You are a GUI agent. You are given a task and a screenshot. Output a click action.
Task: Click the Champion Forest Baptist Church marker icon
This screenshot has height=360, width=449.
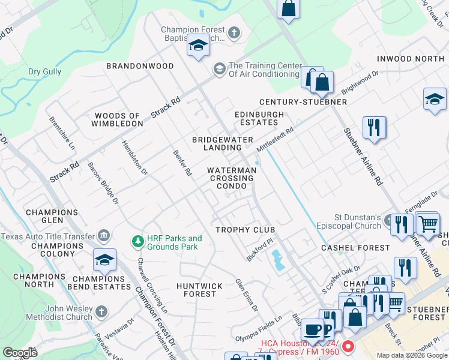pyautogui.click(x=234, y=32)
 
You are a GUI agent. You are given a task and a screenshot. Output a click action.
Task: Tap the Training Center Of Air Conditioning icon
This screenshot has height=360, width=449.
pyautogui.click(x=219, y=70)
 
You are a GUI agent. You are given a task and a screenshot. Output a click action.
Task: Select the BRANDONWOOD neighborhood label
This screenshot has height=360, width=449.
pyautogui.click(x=140, y=66)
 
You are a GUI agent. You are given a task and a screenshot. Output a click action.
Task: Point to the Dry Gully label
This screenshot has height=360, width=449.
pyautogui.click(x=44, y=72)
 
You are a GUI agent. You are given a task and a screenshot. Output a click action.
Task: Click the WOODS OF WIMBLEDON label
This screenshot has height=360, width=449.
pyautogui.click(x=117, y=119)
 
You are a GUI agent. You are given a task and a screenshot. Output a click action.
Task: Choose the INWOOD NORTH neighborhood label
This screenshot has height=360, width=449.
pyautogui.click(x=411, y=59)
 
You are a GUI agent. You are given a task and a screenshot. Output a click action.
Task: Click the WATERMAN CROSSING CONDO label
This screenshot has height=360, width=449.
pyautogui.click(x=232, y=178)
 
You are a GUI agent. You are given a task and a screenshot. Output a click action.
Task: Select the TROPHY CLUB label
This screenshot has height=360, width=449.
pyautogui.click(x=245, y=230)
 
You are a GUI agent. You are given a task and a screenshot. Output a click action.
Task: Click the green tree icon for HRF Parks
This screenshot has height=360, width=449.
pyautogui.click(x=137, y=242)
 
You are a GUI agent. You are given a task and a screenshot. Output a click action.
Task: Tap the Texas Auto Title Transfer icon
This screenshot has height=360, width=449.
pyautogui.click(x=104, y=236)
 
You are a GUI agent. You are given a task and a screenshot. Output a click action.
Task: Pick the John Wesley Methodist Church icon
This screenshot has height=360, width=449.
pyautogui.click(x=101, y=312)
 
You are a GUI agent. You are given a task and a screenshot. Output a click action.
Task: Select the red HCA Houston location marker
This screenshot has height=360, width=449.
pyautogui.click(x=349, y=347)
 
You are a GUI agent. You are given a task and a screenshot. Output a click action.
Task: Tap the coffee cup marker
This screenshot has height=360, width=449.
pyautogui.click(x=311, y=329)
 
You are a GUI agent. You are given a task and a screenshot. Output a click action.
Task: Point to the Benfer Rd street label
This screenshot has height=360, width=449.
pyautogui.click(x=182, y=163)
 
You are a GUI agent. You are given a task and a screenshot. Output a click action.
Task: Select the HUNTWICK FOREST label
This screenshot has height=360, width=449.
pyautogui.click(x=199, y=290)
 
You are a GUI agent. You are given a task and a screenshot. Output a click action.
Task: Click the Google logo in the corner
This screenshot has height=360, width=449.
pyautogui.click(x=20, y=353)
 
